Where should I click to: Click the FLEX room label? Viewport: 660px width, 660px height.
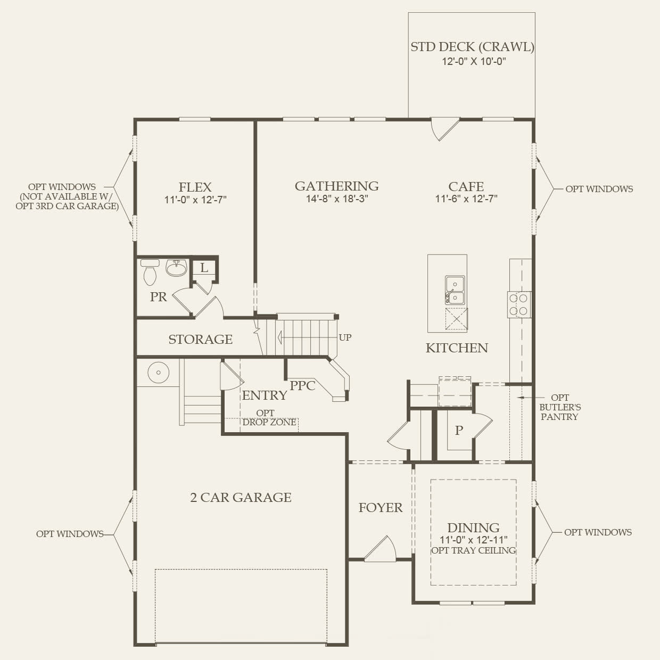pos(195,187)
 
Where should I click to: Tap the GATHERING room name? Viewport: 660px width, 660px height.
pos(337,186)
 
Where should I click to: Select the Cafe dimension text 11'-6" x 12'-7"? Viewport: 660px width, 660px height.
pos(466,199)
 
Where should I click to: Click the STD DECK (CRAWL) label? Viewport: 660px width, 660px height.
pos(472,47)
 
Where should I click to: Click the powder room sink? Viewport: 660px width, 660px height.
pos(176,268)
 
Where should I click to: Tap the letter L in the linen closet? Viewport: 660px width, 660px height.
pos(204,268)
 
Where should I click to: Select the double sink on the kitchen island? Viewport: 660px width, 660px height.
pos(455,290)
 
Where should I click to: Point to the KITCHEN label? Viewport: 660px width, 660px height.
pos(457,348)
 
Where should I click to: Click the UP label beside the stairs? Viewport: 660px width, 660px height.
pos(345,337)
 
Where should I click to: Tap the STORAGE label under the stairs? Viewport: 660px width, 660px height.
pos(200,340)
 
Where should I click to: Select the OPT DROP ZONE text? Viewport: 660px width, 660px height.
pos(269,417)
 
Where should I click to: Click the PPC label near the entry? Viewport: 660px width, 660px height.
pos(302,386)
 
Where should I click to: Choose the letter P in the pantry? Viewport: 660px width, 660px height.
pos(459,430)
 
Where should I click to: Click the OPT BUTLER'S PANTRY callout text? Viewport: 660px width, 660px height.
pos(560,407)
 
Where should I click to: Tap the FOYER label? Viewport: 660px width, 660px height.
pos(381,508)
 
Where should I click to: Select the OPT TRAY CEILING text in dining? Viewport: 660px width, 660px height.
pos(474,550)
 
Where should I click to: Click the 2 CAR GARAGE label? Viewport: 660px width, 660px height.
pos(241,497)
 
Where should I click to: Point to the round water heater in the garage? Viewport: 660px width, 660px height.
pos(158,372)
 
